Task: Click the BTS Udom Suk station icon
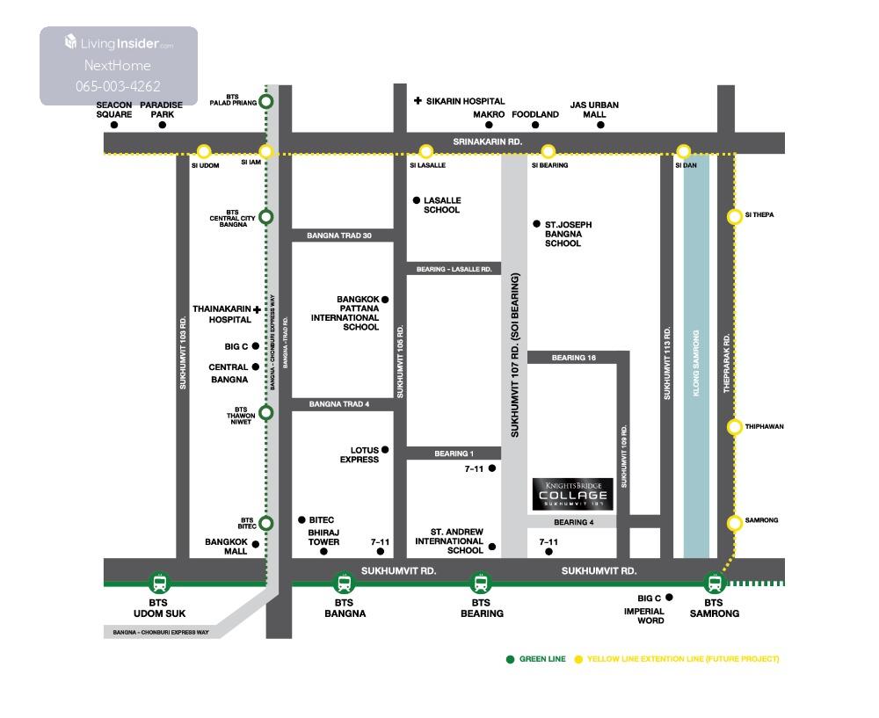coord(159,582)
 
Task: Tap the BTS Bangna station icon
coord(344,582)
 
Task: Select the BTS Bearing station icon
coord(481,582)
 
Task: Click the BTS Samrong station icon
coord(714,582)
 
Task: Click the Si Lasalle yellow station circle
coord(426,151)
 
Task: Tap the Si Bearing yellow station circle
coord(548,151)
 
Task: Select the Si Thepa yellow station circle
coord(735,216)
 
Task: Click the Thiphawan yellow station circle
coord(735,427)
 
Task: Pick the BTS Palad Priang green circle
coord(266,101)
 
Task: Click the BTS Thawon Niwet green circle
coord(266,412)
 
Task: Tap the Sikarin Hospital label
coord(465,102)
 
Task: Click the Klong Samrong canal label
coord(696,364)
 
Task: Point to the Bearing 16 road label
coord(574,358)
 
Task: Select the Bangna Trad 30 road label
coord(339,236)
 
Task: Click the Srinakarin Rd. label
coord(488,141)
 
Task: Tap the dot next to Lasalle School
coord(417,200)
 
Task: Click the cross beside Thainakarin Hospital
coord(257,309)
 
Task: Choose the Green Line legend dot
coord(510,659)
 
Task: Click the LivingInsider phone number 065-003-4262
coord(118,86)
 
